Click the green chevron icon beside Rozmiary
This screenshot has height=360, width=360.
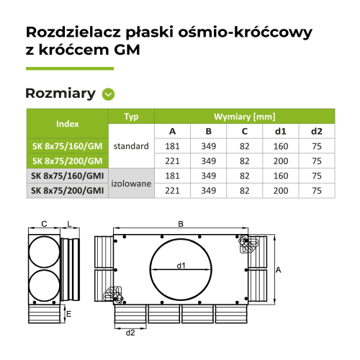click(x=109, y=94)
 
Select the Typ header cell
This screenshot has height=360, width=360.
click(x=131, y=116)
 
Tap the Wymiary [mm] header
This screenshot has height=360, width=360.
click(x=245, y=116)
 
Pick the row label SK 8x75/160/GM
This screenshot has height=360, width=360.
click(x=66, y=146)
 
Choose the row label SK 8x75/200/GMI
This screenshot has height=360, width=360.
click(x=66, y=191)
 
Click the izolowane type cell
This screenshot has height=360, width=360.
click(x=131, y=183)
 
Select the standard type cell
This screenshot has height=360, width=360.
click(x=131, y=153)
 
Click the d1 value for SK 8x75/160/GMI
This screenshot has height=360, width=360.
click(x=281, y=176)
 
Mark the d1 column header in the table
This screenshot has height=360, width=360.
click(x=281, y=131)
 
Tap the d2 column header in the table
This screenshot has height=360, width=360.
click(x=317, y=131)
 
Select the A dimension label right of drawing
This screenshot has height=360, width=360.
click(x=278, y=269)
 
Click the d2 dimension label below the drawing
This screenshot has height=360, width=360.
click(x=130, y=332)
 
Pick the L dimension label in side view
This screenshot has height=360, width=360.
click(x=68, y=224)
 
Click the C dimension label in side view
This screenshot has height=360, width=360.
click(x=43, y=224)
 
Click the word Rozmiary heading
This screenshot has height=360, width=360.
click(x=60, y=94)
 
